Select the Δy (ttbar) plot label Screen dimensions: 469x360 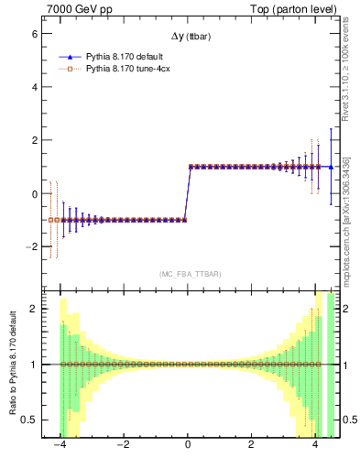click(188, 37)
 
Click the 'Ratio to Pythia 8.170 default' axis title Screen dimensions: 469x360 click(12, 365)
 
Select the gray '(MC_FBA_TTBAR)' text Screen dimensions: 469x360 click(189, 274)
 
